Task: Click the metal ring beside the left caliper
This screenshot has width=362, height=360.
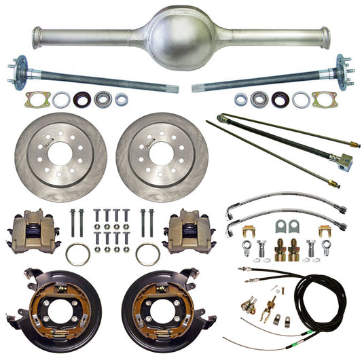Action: (x=77, y=254)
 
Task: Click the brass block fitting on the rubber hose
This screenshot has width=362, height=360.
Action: (x=345, y=161)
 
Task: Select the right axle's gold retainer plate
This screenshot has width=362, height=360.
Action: (x=323, y=99)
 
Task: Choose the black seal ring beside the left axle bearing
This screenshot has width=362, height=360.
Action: (x=82, y=99)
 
